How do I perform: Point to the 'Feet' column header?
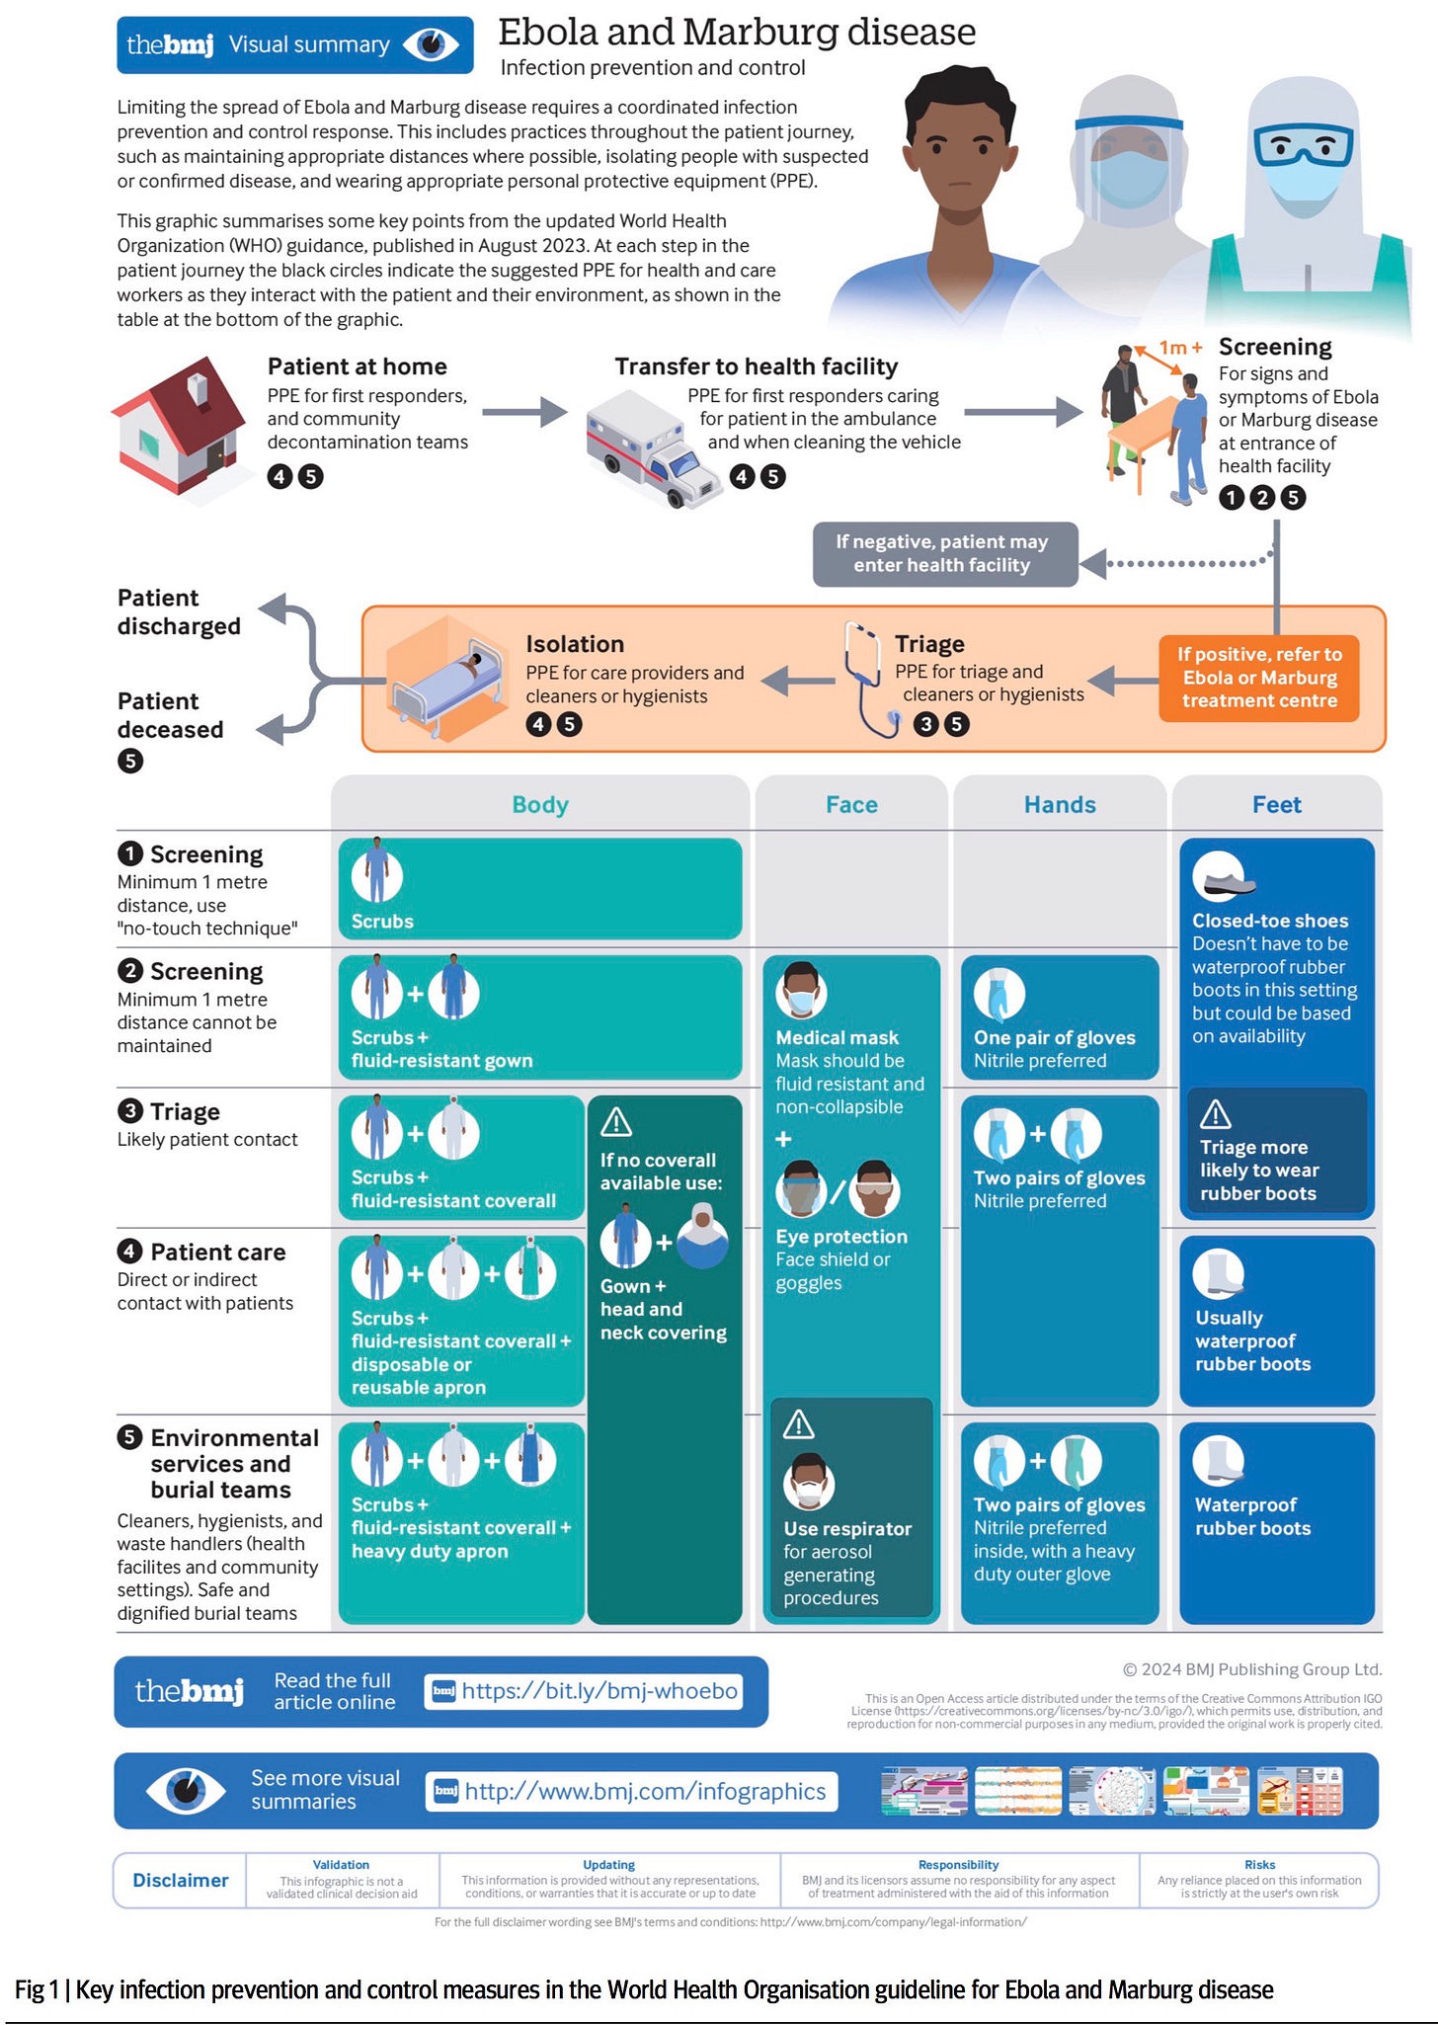pyautogui.click(x=1276, y=805)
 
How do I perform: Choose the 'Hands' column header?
pyautogui.click(x=1060, y=805)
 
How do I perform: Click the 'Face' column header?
pyautogui.click(x=851, y=805)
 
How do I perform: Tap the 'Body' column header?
pyautogui.click(x=540, y=805)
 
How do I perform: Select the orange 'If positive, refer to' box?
pyautogui.click(x=1259, y=678)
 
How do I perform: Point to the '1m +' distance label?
pyautogui.click(x=1180, y=348)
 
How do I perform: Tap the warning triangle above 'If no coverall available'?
pyautogui.click(x=616, y=1122)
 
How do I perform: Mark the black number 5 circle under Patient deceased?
pyautogui.click(x=130, y=761)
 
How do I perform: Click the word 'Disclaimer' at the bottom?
pyautogui.click(x=181, y=1880)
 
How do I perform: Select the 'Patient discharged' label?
pyautogui.click(x=179, y=612)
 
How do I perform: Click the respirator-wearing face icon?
pyautogui.click(x=809, y=1482)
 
